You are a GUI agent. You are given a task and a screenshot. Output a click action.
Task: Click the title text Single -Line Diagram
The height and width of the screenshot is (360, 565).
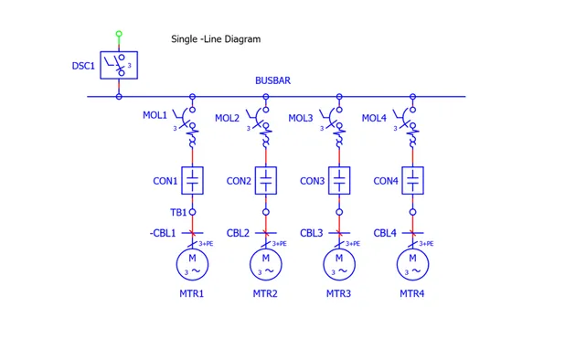tap(216, 39)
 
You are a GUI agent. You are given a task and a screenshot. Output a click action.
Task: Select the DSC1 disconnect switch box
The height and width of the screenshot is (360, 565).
tap(119, 66)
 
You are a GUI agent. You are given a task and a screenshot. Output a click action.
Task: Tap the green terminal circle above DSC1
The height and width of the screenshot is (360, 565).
tap(119, 35)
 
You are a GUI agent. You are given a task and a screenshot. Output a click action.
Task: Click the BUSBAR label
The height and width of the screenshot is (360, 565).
tap(272, 81)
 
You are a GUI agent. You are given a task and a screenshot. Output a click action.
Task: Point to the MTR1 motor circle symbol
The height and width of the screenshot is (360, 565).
tap(193, 264)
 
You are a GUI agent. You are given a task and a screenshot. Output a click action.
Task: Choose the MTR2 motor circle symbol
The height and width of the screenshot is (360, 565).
tap(266, 264)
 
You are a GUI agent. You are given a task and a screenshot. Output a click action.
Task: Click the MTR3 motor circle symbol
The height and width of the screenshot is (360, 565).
tap(339, 264)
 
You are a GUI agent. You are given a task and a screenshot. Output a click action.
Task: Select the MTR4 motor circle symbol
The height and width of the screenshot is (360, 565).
tap(412, 264)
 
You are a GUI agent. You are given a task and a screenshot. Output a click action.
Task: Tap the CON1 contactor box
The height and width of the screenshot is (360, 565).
tap(193, 180)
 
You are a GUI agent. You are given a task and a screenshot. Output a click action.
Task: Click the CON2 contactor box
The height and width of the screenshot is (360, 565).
tap(266, 180)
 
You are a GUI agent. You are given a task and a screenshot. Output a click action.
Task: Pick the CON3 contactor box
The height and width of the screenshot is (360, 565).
tap(339, 180)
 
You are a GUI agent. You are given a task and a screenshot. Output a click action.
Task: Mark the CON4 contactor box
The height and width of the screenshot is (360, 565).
tap(412, 180)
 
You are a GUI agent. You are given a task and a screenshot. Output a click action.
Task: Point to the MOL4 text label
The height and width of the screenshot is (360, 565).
tap(374, 118)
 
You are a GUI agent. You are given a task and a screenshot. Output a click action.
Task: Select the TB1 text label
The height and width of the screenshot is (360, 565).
tap(177, 212)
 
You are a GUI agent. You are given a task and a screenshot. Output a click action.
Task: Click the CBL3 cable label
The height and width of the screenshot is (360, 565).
tap(312, 233)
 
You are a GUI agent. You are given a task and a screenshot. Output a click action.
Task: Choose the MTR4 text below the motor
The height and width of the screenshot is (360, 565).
tap(412, 294)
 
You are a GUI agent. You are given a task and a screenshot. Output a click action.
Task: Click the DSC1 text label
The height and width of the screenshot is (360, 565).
tap(83, 66)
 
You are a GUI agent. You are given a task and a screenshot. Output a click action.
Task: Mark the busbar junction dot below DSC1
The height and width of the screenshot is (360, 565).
tap(119, 96)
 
